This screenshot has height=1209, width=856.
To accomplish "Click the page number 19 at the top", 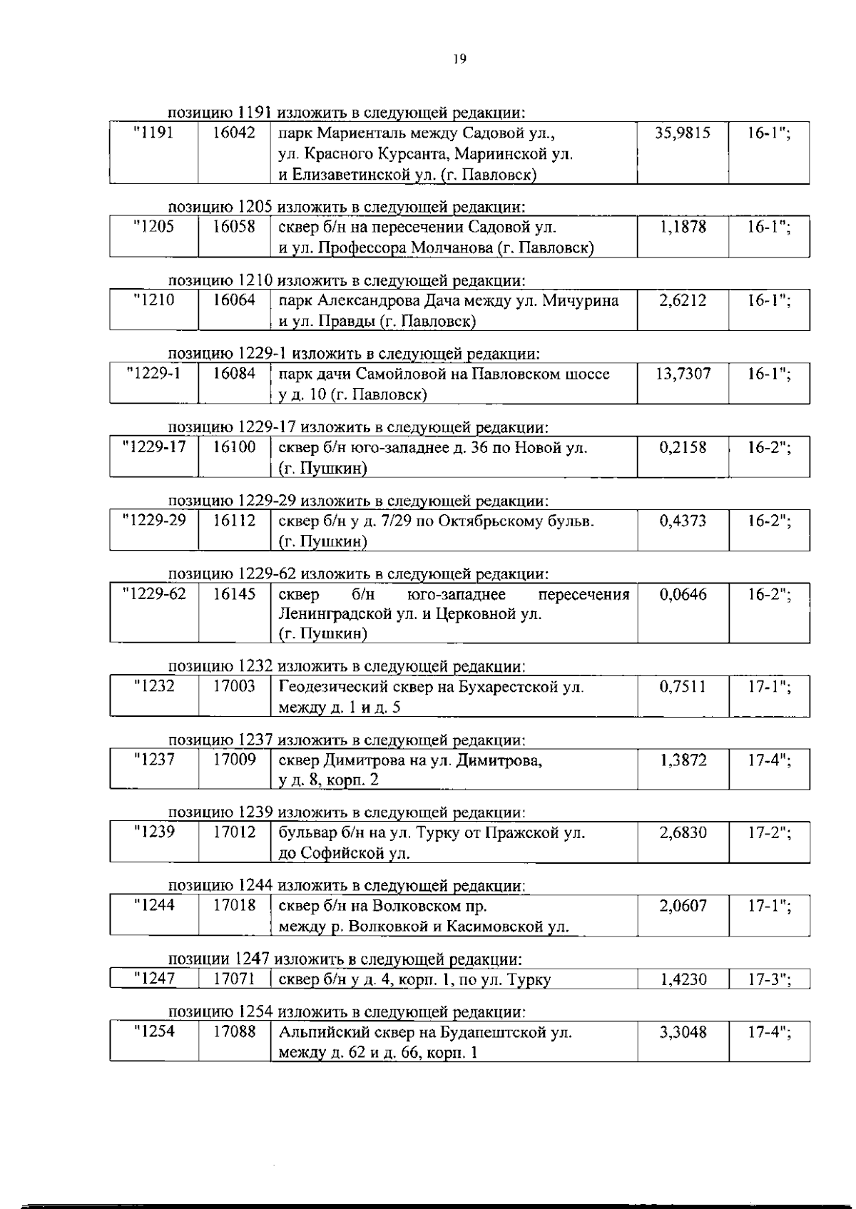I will [459, 60].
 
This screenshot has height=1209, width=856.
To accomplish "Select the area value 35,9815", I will [683, 133].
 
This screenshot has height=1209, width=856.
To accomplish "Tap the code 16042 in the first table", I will [235, 133].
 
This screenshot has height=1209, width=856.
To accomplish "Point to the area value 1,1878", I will [683, 227].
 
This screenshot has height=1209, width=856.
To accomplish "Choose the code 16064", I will [235, 300].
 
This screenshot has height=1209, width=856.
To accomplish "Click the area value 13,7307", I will [683, 374].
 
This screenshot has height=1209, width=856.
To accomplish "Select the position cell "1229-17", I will [154, 447].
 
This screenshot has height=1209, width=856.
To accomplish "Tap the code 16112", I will [235, 521].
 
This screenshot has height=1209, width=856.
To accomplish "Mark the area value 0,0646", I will [683, 594].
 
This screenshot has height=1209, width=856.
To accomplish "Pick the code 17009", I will [235, 760].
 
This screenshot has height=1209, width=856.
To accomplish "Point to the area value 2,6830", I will [683, 833].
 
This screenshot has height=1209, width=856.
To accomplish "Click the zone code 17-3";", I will [769, 979].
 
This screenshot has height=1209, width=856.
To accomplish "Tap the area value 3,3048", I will [683, 1032].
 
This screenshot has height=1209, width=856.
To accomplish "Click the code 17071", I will [235, 979].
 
